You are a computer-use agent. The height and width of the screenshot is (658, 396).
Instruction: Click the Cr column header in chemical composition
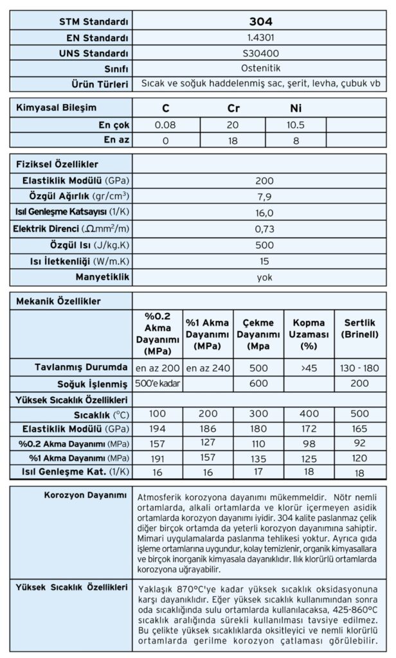233,108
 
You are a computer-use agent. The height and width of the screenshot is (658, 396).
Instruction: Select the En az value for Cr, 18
233,138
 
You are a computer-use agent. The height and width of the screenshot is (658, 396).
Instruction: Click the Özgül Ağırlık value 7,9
264,196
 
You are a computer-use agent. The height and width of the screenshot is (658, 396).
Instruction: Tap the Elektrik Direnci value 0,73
264,228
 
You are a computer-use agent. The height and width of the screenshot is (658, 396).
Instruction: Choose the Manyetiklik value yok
264,277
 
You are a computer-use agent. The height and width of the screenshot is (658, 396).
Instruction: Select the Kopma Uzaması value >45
309,368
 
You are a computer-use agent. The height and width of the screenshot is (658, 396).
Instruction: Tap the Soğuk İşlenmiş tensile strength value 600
258,384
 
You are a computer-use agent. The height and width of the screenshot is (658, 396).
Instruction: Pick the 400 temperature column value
309,414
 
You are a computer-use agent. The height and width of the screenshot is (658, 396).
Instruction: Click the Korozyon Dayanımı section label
85,495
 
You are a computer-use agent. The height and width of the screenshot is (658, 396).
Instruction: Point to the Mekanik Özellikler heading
59,300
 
